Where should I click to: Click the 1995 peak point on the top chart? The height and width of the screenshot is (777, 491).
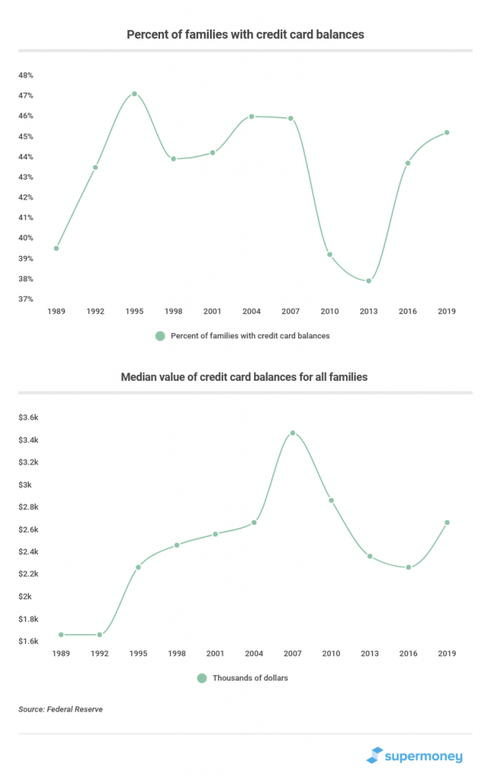[134, 93]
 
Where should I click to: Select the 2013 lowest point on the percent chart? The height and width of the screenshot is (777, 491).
[369, 281]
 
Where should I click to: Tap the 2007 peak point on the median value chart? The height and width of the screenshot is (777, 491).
[293, 433]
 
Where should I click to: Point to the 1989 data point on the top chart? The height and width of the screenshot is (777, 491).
[56, 248]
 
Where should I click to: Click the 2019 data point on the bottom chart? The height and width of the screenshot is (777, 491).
[447, 522]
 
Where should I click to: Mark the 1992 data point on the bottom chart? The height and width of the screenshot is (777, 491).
[99, 634]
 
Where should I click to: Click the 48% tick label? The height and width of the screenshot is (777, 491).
[26, 75]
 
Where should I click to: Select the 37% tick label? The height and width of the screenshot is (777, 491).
[26, 299]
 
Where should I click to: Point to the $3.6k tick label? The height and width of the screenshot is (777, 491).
[28, 417]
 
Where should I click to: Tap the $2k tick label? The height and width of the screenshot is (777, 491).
[25, 596]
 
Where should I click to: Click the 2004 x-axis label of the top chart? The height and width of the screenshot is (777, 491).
[251, 311]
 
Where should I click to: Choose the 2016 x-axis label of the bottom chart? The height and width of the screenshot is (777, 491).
[408, 653]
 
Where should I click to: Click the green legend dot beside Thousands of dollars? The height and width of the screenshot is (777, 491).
[202, 678]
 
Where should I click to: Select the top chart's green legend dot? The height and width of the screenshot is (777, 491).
[160, 336]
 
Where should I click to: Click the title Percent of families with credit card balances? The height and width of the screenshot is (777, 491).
[245, 35]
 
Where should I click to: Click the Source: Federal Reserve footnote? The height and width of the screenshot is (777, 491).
[61, 709]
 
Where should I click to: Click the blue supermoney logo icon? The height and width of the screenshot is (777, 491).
[375, 755]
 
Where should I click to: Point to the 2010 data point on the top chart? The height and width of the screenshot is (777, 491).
[329, 255]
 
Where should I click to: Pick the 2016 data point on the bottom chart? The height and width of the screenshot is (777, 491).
[409, 567]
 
